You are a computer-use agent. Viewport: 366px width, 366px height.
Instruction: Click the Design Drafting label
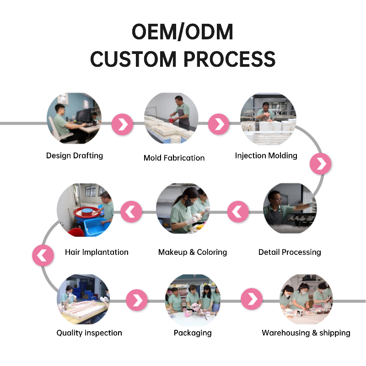click(x=75, y=156)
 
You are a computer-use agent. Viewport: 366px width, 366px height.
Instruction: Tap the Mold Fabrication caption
click(x=174, y=158)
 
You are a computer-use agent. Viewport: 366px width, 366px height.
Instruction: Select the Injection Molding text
click(x=266, y=156)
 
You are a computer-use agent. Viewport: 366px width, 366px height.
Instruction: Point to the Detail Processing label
click(x=290, y=252)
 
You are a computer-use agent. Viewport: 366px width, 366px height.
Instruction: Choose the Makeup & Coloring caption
click(x=192, y=252)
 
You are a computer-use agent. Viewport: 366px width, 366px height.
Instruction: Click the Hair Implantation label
click(x=97, y=252)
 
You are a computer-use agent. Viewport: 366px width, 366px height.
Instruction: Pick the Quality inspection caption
click(x=89, y=333)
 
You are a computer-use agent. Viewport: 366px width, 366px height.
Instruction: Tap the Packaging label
click(x=193, y=333)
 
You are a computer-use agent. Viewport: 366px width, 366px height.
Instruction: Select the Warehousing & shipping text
click(x=306, y=333)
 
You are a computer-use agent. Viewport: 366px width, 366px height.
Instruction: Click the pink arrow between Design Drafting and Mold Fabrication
click(x=122, y=124)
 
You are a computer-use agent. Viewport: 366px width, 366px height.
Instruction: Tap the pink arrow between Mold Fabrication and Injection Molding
click(x=219, y=124)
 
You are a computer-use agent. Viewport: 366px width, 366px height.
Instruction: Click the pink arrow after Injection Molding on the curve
click(x=320, y=163)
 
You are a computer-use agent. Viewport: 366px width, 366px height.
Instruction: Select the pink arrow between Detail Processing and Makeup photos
click(x=238, y=212)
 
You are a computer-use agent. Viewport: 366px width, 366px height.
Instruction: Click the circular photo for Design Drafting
click(x=75, y=118)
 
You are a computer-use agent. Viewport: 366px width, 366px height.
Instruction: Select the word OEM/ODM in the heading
click(x=183, y=32)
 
